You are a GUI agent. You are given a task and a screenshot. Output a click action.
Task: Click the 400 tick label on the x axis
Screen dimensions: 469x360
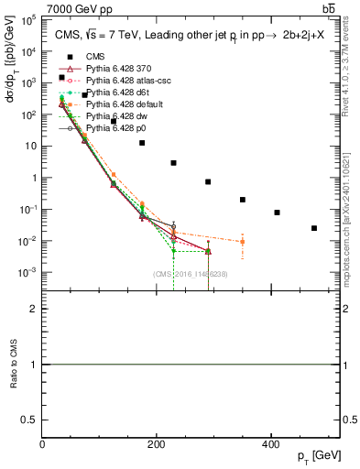pos(270,445)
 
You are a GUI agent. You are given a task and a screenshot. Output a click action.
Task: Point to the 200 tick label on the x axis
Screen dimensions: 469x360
pos(157,445)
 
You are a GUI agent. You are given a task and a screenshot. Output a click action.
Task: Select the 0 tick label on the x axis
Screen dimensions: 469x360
pos(42,445)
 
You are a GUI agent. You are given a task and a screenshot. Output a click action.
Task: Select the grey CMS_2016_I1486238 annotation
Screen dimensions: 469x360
pos(191,274)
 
